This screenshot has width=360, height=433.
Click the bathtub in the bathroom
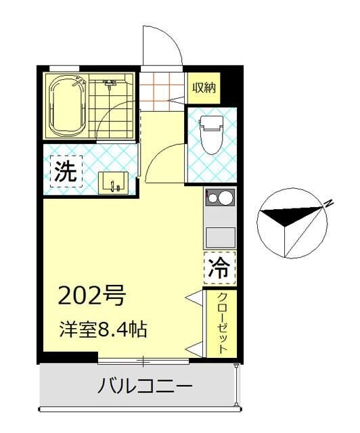point(66,106)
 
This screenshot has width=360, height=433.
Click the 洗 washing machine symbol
point(66,171)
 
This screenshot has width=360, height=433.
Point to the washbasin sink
point(112,183)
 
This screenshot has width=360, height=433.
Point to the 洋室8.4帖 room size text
point(102,331)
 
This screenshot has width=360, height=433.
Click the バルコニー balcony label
point(145,386)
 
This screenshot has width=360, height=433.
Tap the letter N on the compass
point(328,202)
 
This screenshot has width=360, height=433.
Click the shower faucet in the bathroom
point(110,84)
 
